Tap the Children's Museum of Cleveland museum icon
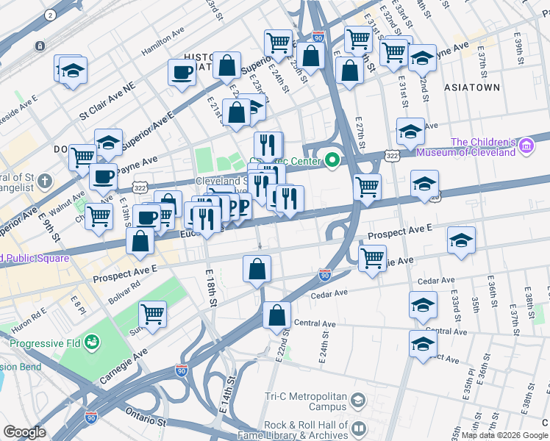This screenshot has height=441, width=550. tap(525, 147)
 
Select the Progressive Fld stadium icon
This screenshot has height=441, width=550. tap(92, 342)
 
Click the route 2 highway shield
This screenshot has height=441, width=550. tap(50, 15)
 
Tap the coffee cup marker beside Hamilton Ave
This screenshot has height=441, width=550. tap(182, 72)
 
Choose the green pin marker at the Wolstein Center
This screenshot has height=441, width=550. tap(332, 159)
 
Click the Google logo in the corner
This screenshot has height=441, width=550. tap(24, 432)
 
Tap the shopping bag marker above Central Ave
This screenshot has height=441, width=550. tap(276, 315)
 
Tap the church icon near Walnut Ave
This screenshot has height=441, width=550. tap(44, 180)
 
